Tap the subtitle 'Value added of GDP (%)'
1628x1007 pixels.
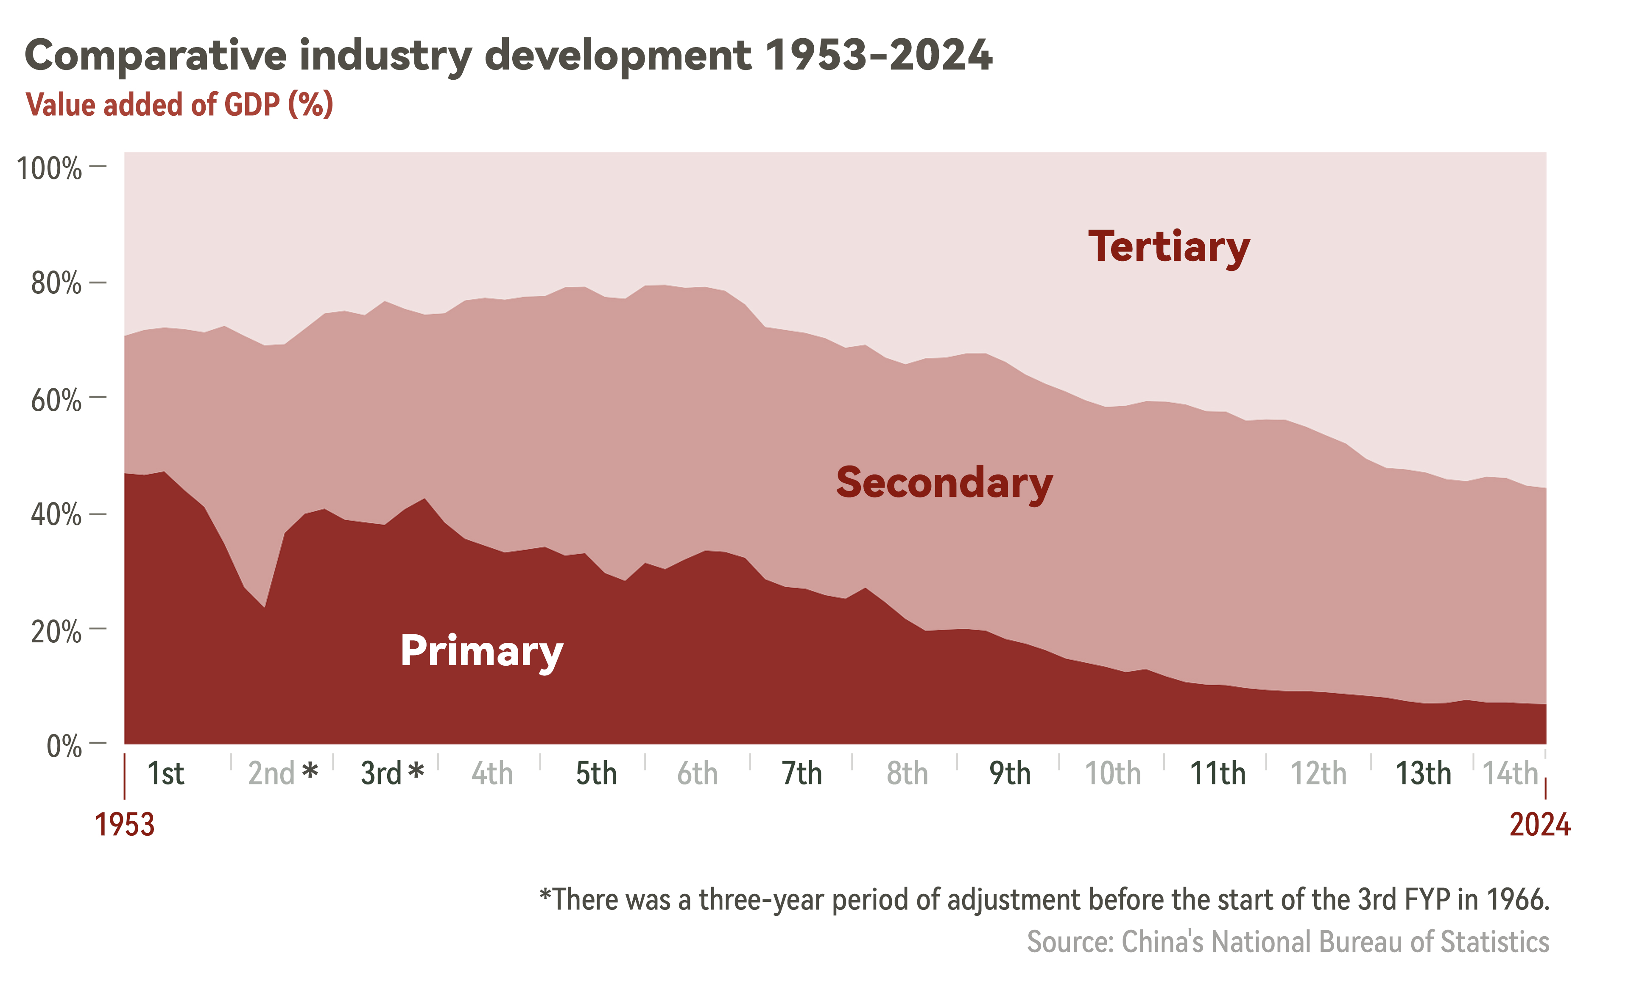pyautogui.click(x=179, y=105)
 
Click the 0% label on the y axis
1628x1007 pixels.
pyautogui.click(x=64, y=745)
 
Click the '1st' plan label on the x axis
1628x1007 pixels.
pyautogui.click(x=165, y=773)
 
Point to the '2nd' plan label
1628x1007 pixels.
pyautogui.click(x=271, y=773)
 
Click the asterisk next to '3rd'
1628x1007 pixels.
pyautogui.click(x=416, y=771)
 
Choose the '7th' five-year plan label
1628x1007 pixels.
pyautogui.click(x=801, y=773)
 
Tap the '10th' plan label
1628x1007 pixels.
pyautogui.click(x=1112, y=773)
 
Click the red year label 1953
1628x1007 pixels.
pyautogui.click(x=125, y=825)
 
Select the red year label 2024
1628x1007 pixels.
pyautogui.click(x=1539, y=825)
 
